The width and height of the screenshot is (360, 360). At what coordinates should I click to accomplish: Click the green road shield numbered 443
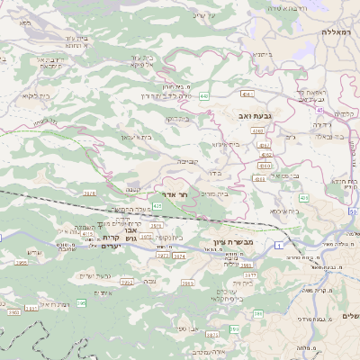(x=206, y=94)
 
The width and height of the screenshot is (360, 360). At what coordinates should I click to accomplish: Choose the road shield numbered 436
(x=303, y=198)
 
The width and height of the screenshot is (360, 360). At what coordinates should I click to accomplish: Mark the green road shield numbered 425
(x=157, y=206)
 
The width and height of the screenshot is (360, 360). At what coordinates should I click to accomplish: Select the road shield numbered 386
(x=259, y=313)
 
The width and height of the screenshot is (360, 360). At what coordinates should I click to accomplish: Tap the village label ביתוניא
(x=263, y=54)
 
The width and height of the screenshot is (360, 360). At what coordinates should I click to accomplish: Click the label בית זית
(x=235, y=283)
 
